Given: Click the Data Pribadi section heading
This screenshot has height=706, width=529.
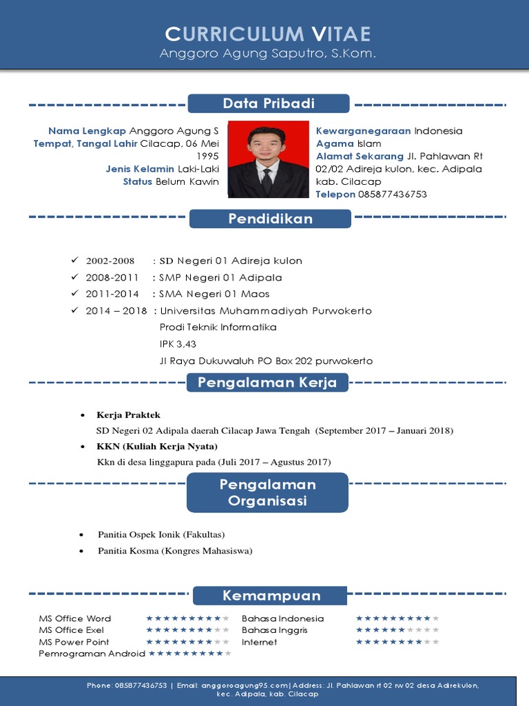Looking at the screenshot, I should (x=269, y=103).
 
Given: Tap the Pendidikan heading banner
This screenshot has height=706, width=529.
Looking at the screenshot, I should (x=270, y=219).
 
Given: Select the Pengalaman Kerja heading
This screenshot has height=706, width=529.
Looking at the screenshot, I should (x=267, y=383).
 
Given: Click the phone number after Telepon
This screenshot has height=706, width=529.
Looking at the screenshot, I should (x=393, y=194).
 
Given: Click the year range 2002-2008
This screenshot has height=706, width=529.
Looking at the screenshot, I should (x=110, y=261).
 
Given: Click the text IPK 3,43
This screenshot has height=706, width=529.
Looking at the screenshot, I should (x=173, y=344).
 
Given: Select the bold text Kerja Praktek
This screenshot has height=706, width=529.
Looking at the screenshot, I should (x=129, y=415).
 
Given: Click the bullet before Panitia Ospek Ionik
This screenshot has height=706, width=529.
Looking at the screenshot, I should (x=83, y=535).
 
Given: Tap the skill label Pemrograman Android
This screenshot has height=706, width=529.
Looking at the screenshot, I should (x=92, y=654).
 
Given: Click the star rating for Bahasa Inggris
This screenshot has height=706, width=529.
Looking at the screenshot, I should (x=397, y=630).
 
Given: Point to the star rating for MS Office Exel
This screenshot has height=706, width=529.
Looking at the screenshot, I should (x=187, y=630).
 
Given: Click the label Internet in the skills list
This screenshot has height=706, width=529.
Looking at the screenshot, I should (x=260, y=642).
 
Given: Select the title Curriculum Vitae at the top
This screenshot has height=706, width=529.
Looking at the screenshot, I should (x=268, y=34).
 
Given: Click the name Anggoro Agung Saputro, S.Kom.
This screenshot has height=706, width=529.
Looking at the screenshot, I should (x=268, y=53).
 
